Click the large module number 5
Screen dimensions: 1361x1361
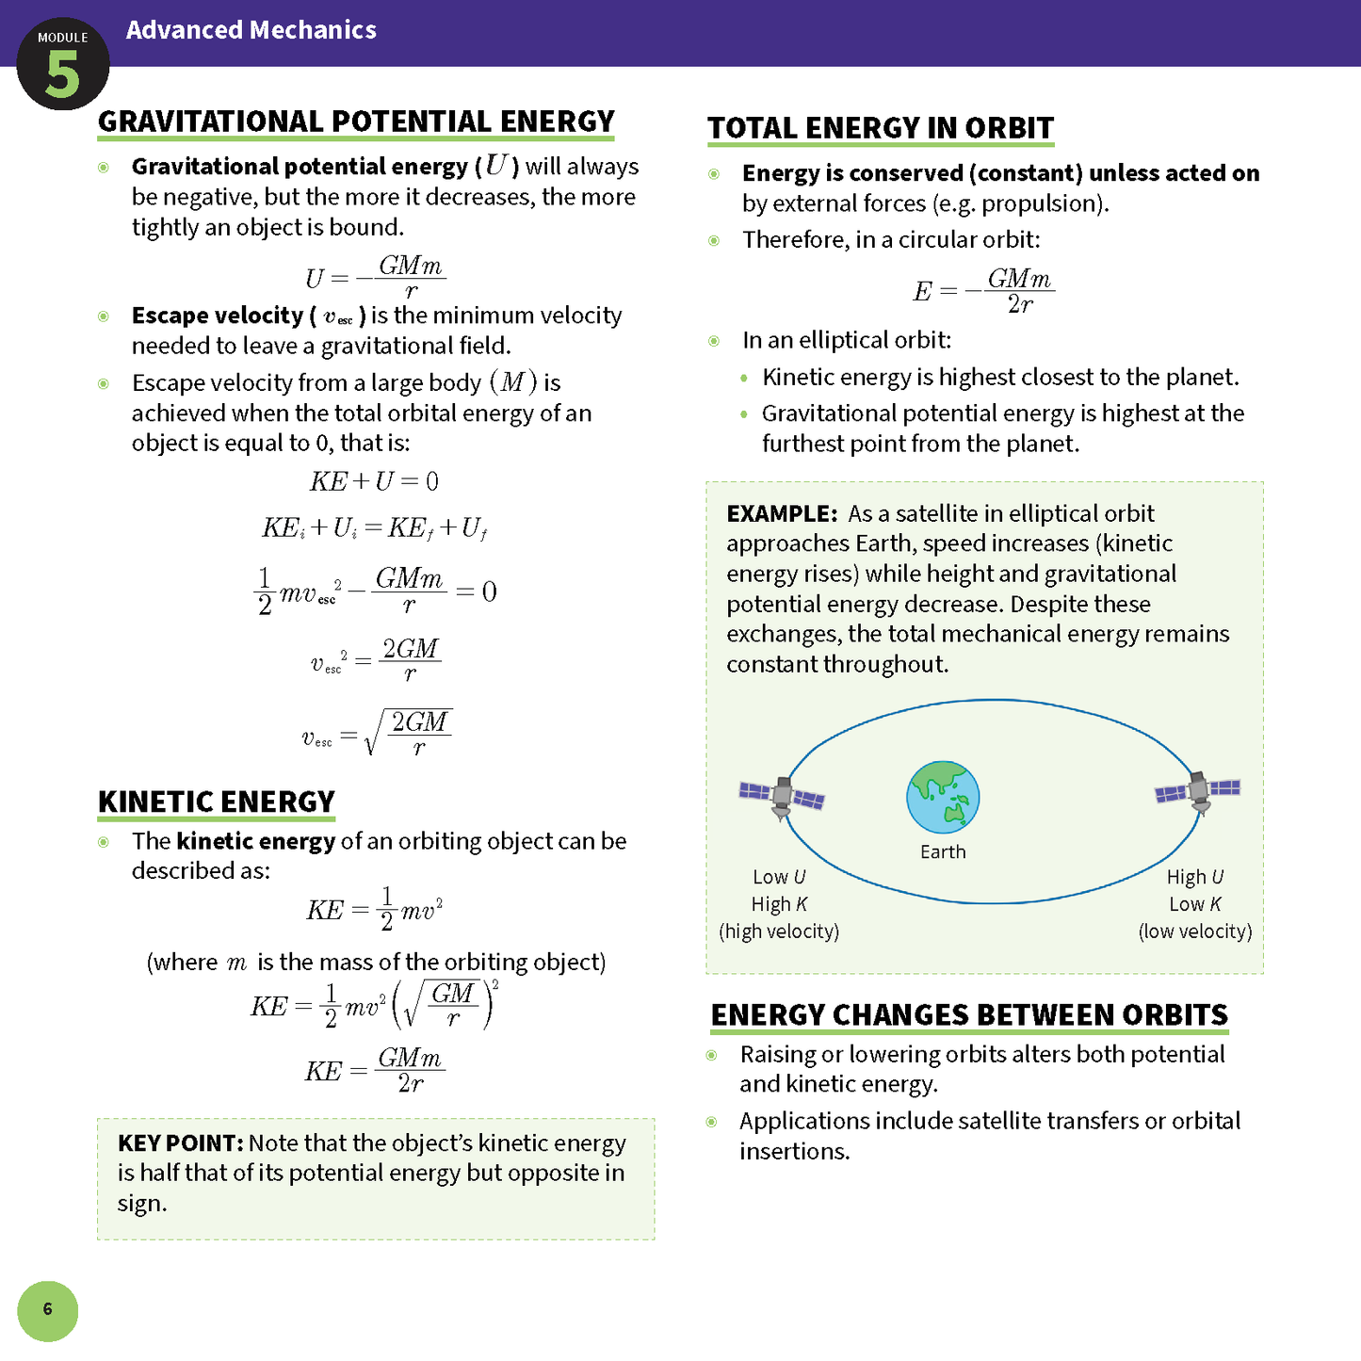point(63,75)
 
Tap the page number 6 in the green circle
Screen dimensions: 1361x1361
point(47,1309)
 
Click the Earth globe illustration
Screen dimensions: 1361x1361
point(943,797)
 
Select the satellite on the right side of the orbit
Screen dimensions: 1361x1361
point(1198,791)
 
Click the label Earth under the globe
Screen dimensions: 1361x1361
point(943,851)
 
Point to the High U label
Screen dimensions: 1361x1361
point(1194,877)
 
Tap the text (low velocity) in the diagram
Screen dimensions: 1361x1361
point(1194,932)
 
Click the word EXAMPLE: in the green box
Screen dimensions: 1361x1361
point(782,514)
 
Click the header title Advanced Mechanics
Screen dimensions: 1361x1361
point(251,30)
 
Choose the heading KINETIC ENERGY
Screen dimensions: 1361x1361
point(217,802)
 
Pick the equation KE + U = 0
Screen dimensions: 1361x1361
point(374,481)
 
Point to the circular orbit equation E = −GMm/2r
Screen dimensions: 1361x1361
point(983,290)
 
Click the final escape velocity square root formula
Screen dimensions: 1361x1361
point(377,733)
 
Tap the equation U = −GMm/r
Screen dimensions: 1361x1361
point(374,277)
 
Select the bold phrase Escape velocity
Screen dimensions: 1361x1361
point(218,316)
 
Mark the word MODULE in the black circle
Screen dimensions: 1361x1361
point(63,38)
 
